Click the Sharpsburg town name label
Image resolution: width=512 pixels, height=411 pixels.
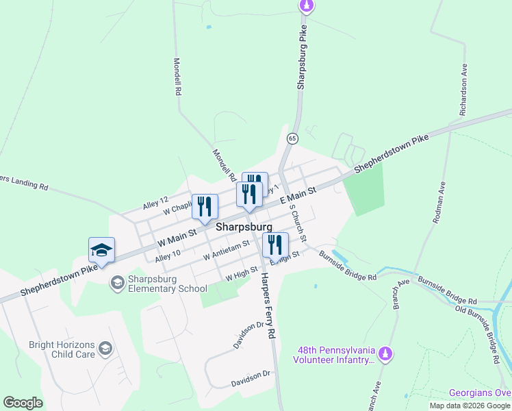coord(244,227)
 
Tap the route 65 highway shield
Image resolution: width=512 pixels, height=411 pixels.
coord(292,138)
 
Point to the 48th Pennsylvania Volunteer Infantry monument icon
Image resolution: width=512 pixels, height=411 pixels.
coord(386,353)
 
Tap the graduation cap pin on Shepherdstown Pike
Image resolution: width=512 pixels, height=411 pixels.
coord(101,250)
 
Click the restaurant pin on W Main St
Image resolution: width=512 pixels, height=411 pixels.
coord(205,206)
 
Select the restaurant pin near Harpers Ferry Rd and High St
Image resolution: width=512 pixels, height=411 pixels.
coord(275,245)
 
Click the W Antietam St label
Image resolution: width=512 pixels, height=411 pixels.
coord(226,249)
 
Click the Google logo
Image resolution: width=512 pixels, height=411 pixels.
coord(23,403)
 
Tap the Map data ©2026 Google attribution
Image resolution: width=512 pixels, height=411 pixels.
coord(470,406)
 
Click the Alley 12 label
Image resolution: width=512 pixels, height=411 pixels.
coord(155,203)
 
